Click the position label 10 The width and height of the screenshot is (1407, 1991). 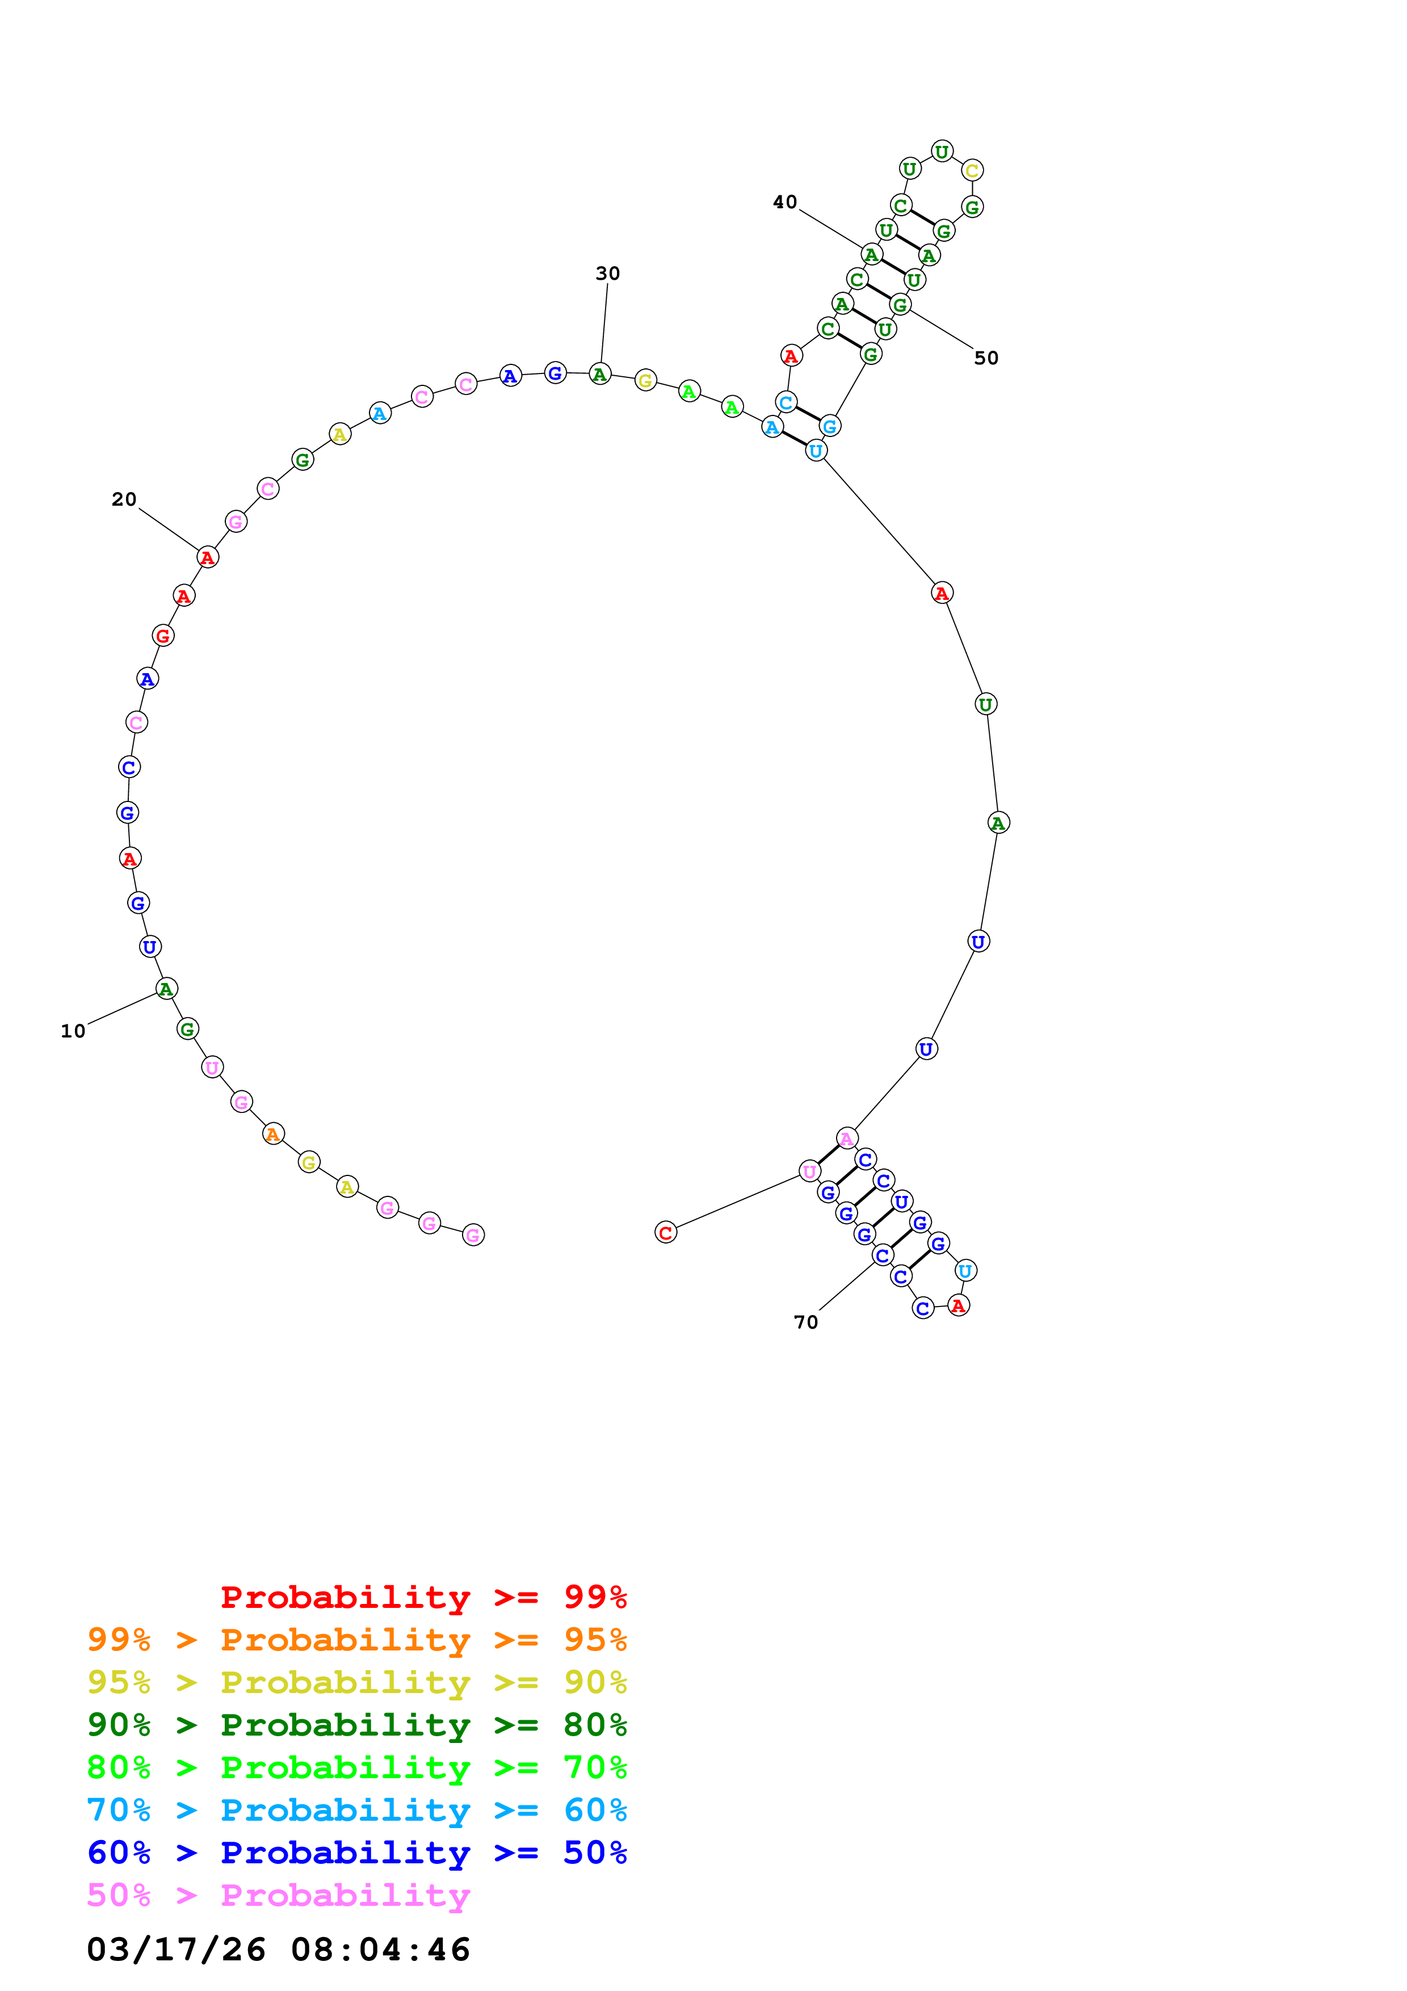point(73,1031)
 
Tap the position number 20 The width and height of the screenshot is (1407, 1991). point(124,499)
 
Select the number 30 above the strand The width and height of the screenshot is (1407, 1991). point(608,273)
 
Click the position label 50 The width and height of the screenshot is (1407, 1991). point(986,358)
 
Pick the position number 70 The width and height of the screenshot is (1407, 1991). point(805,1322)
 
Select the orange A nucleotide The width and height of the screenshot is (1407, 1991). point(273,1134)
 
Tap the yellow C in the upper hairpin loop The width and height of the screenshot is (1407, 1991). point(972,171)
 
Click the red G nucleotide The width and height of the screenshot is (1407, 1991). point(162,636)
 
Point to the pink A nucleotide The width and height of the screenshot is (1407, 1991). point(847,1139)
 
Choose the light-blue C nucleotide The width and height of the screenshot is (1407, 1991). point(786,402)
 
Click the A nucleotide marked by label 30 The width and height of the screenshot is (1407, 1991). point(600,375)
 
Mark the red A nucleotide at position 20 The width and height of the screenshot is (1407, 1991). point(207,557)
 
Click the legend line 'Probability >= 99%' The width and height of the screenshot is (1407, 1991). point(423,1597)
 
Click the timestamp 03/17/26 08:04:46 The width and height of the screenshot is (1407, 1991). point(278,1948)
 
